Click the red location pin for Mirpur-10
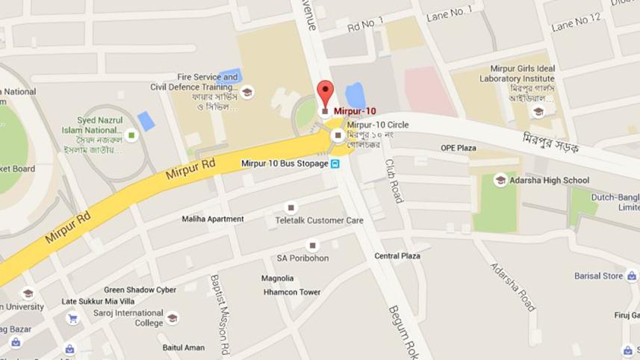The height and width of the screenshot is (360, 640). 325,93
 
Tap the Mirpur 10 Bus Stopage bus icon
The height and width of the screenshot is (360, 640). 336,164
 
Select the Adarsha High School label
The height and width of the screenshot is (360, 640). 549,180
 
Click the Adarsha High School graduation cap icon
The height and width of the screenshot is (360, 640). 500,180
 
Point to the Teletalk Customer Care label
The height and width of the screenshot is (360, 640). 319,220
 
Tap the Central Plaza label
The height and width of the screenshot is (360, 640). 397,256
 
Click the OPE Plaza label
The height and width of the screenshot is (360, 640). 458,148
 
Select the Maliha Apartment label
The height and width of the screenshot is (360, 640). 213,219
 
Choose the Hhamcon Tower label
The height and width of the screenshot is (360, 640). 292,292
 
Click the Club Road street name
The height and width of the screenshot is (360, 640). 393,180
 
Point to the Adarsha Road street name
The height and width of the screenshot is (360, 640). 513,286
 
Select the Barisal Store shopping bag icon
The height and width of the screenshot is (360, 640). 631,276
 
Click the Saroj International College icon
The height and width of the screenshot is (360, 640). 173,318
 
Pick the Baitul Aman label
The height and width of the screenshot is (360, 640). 183,347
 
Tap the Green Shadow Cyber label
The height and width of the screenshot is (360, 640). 140,290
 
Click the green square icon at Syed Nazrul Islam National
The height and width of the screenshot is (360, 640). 131,135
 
